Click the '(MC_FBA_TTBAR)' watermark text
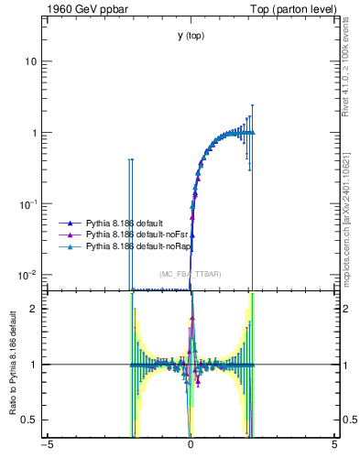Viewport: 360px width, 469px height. point(190,275)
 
